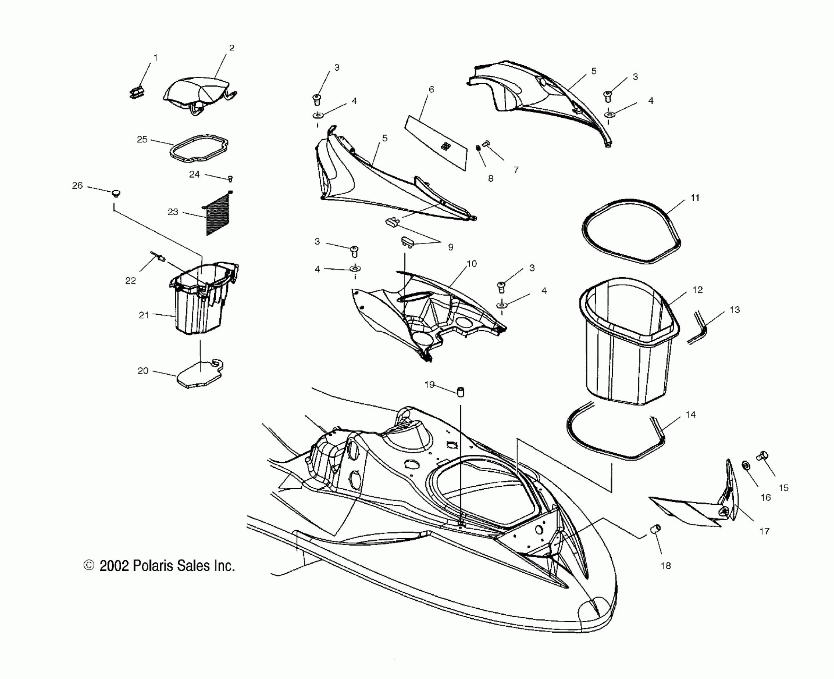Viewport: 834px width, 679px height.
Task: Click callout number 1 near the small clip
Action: (155, 58)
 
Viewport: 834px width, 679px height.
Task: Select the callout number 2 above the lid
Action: (231, 48)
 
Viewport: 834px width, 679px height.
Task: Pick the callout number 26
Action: (77, 185)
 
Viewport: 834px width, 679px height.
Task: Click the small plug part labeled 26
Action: (116, 194)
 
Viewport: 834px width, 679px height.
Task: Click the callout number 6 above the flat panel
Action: (431, 89)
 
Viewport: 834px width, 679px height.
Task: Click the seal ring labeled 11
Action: (631, 232)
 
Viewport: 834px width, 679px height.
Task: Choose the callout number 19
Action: (429, 385)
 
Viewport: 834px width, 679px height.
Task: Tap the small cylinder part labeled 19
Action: (460, 392)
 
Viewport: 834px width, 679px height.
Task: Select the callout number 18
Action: (665, 566)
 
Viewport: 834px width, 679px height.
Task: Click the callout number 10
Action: (472, 264)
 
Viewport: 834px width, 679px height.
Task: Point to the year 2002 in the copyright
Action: (114, 566)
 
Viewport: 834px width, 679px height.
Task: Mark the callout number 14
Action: (691, 415)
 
